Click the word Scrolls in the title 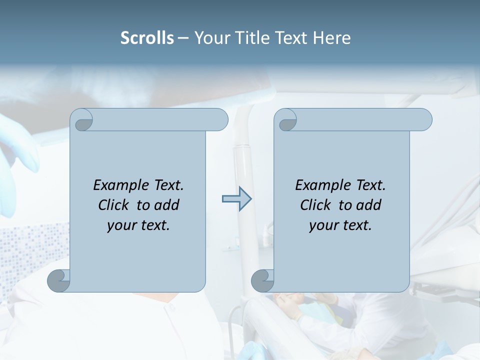coord(147,38)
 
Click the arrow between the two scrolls coord(236,199)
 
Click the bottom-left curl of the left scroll coord(59,280)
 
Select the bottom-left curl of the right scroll coord(262,280)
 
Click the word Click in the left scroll coord(114,205)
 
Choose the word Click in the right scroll coord(316,205)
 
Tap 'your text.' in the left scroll coord(138,225)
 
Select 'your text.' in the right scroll coord(340,225)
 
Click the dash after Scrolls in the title coord(183,38)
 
